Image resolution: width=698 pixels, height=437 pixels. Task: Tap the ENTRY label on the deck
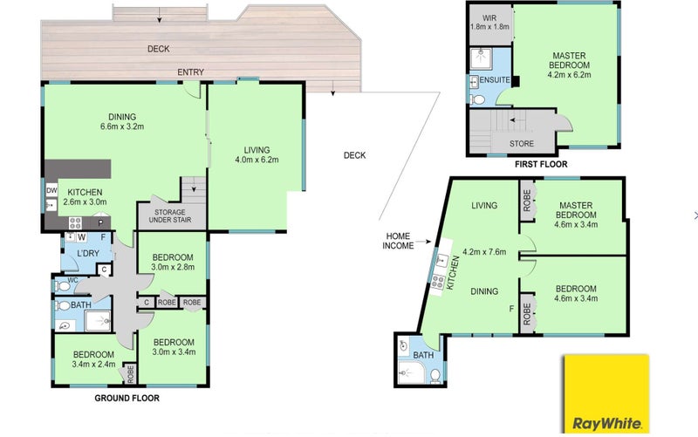(191, 72)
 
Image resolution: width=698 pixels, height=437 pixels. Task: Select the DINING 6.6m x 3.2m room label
(122, 121)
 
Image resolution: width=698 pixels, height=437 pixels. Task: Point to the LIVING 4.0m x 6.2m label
(255, 155)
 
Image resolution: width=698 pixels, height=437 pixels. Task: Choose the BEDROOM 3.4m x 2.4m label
(92, 359)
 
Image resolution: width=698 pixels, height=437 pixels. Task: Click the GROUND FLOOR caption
(127, 398)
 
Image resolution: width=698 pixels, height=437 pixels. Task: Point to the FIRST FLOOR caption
(541, 163)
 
